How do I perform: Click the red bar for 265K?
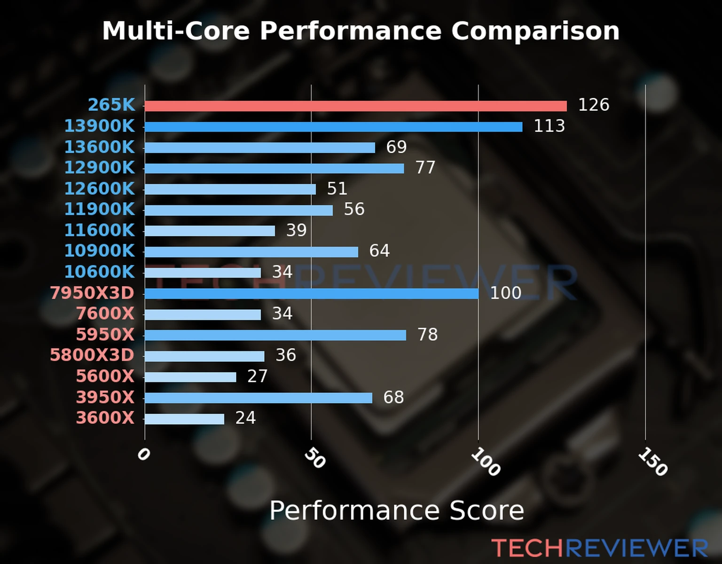click(x=355, y=106)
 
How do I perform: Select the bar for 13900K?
click(x=333, y=127)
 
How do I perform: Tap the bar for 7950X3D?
click(x=311, y=294)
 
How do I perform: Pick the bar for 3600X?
click(x=184, y=419)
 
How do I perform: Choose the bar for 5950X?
click(x=275, y=335)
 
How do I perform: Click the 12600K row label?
click(x=99, y=188)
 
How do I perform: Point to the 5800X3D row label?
click(x=92, y=355)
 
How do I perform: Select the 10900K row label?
click(x=99, y=251)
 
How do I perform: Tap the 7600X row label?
click(x=105, y=313)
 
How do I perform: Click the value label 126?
click(x=593, y=105)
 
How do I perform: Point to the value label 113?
click(x=549, y=126)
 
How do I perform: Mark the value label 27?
click(x=257, y=376)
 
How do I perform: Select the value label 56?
click(x=354, y=209)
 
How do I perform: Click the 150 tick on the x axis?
click(x=652, y=462)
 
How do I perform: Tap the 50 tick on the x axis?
click(x=314, y=458)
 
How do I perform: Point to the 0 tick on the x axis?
click(x=143, y=454)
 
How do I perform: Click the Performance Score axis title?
click(x=396, y=510)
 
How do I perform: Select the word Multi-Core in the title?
click(x=176, y=31)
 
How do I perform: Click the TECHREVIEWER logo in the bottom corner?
click(x=599, y=548)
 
